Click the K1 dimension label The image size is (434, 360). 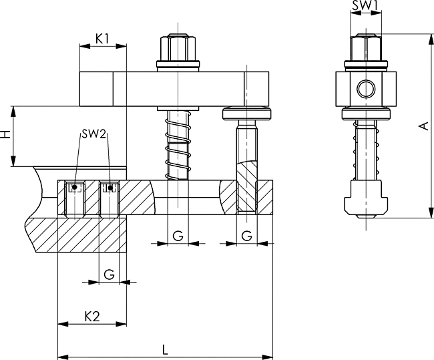coord(102,39)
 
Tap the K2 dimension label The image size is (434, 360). coord(92,316)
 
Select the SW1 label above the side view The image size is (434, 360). coord(366,5)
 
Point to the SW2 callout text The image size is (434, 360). coord(93,135)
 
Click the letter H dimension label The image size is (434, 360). coord(6,135)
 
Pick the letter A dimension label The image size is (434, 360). coord(424,126)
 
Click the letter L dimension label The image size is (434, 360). coord(165,350)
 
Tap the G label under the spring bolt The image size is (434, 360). coord(178,236)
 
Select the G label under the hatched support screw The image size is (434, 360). coord(246,236)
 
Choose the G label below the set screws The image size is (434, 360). coord(110,275)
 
